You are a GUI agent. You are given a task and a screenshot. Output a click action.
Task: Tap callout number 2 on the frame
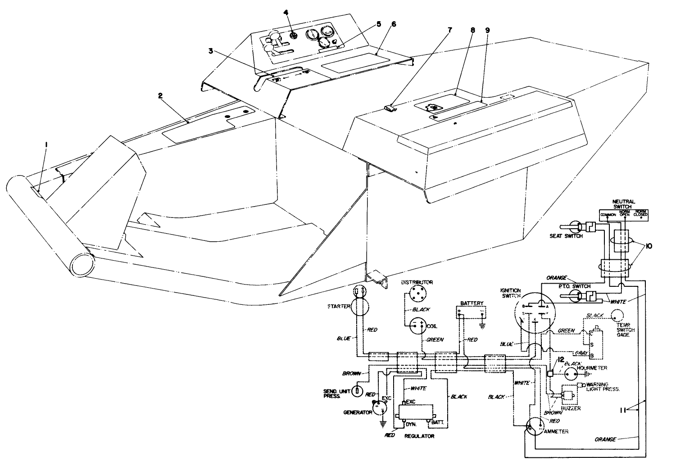tap(159, 95)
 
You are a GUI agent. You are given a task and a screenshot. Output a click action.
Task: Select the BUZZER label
tap(571, 408)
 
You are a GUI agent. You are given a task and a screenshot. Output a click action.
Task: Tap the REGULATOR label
tap(419, 436)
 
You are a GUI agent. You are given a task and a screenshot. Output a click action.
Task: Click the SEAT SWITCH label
tap(566, 236)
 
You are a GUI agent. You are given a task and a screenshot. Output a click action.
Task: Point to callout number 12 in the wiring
tap(560, 359)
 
